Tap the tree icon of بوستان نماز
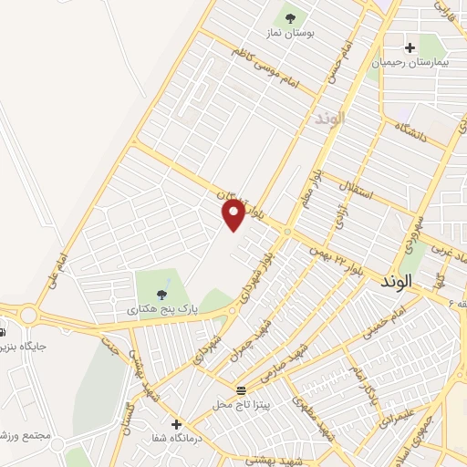point(289,16)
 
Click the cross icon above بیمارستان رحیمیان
point(410,47)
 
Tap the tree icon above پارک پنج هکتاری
point(161,294)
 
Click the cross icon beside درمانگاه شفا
point(176,423)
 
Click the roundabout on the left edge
point(26,316)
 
